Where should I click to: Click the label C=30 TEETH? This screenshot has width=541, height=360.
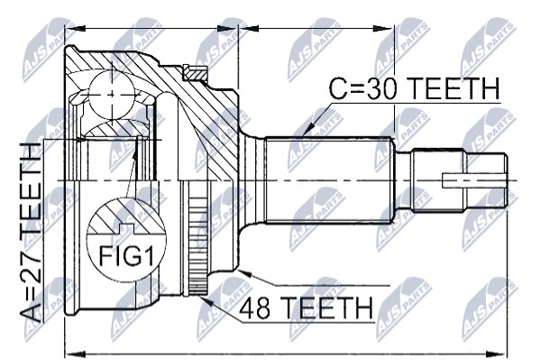pyautogui.click(x=414, y=88)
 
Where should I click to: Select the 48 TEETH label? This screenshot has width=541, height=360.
pyautogui.click(x=306, y=308)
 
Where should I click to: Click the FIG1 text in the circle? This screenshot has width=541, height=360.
pyautogui.click(x=125, y=255)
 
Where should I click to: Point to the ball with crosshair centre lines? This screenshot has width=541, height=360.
pyautogui.click(x=112, y=94)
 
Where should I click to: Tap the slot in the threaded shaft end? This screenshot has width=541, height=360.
pyautogui.click(x=473, y=180)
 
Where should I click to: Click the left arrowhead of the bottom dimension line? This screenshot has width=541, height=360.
pyautogui.click(x=75, y=354)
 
